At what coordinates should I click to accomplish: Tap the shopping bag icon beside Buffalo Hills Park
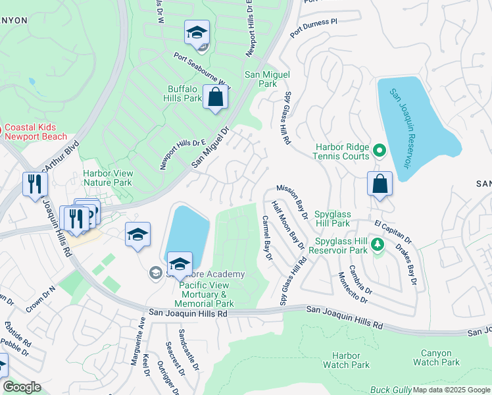click(215, 99)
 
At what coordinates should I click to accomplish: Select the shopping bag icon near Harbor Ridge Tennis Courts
click(380, 185)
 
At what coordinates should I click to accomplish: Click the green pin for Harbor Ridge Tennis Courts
click(380, 152)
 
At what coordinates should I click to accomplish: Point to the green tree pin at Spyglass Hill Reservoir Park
click(377, 245)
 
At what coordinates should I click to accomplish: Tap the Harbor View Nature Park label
click(108, 178)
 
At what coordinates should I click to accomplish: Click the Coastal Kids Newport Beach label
click(36, 132)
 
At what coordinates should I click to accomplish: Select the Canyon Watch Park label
click(436, 357)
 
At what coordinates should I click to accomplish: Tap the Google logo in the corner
click(22, 387)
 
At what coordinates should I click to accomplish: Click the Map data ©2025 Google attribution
click(451, 390)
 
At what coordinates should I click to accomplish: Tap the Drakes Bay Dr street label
click(406, 265)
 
